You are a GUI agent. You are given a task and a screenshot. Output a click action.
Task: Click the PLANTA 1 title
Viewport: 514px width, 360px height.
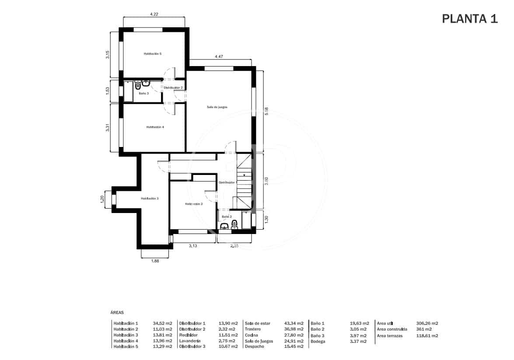click(469, 19)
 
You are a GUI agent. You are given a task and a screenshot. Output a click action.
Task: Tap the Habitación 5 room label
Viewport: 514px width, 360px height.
click(153, 54)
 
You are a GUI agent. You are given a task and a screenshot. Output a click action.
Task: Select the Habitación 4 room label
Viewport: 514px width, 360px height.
click(155, 127)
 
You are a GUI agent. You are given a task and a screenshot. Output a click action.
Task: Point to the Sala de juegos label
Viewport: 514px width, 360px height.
click(217, 107)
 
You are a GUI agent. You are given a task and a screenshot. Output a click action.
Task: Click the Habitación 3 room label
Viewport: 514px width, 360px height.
click(150, 199)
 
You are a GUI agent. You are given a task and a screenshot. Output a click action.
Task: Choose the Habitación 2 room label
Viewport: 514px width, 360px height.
click(193, 204)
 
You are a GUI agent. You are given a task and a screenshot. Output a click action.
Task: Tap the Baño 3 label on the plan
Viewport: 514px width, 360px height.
click(143, 93)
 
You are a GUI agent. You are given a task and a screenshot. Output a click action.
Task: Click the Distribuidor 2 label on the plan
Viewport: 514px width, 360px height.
click(173, 88)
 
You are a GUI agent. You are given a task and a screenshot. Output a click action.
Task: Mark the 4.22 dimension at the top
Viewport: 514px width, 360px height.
click(154, 14)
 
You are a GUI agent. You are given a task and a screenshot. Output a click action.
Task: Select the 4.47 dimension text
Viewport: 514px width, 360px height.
click(219, 56)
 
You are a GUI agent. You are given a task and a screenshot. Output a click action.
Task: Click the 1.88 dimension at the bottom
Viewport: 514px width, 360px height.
click(155, 261)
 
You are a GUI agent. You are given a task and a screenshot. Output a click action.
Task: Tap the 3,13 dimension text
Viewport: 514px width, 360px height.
click(192, 246)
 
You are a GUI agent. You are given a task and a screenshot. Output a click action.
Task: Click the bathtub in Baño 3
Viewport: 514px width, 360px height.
click(128, 91)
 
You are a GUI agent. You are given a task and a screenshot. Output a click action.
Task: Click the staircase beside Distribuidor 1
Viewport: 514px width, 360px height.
click(244, 179)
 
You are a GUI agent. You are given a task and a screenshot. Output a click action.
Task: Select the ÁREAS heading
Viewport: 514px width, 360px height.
click(117, 313)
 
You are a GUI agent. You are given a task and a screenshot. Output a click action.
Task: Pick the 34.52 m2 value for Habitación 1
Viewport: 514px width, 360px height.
click(162, 324)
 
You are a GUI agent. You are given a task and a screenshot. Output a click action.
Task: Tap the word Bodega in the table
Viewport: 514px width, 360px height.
click(318, 341)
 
